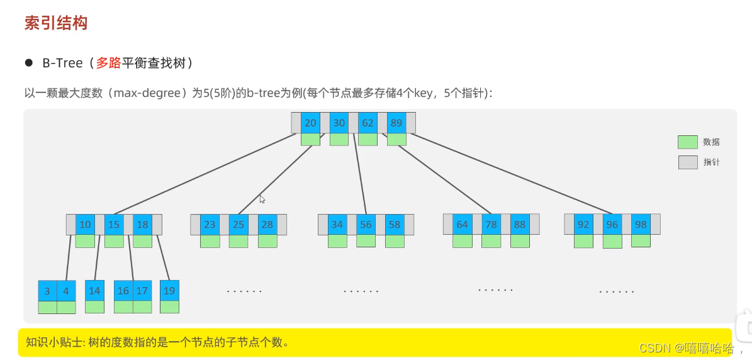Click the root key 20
point(310,123)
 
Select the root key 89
point(396,123)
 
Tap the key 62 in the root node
point(368,123)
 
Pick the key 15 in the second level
point(114,224)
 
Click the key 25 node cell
point(238,224)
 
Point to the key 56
point(366,224)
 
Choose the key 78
point(491,224)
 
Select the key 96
point(612,224)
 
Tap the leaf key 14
point(94,290)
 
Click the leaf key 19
point(169,290)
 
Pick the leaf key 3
point(47,291)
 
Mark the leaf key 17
point(142,290)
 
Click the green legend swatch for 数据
point(687,142)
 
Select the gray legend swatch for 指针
point(687,162)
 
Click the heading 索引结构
point(55,23)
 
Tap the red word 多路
point(108,63)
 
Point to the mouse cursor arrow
point(262,198)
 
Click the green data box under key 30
point(339,139)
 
